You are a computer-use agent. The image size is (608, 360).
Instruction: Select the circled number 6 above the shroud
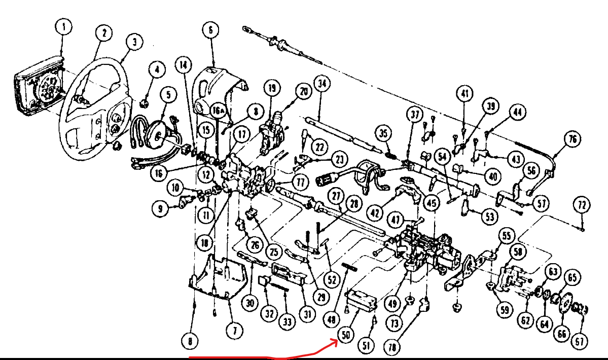(x=210, y=30)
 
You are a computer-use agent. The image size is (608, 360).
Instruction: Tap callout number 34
(x=321, y=84)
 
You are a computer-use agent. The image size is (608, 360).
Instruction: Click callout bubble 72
(x=582, y=205)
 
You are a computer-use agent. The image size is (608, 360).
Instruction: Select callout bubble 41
(x=464, y=93)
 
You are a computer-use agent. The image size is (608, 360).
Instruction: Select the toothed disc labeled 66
(x=562, y=305)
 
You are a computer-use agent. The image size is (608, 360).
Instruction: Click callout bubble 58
(x=517, y=251)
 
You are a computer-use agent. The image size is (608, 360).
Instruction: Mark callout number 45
(x=432, y=204)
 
